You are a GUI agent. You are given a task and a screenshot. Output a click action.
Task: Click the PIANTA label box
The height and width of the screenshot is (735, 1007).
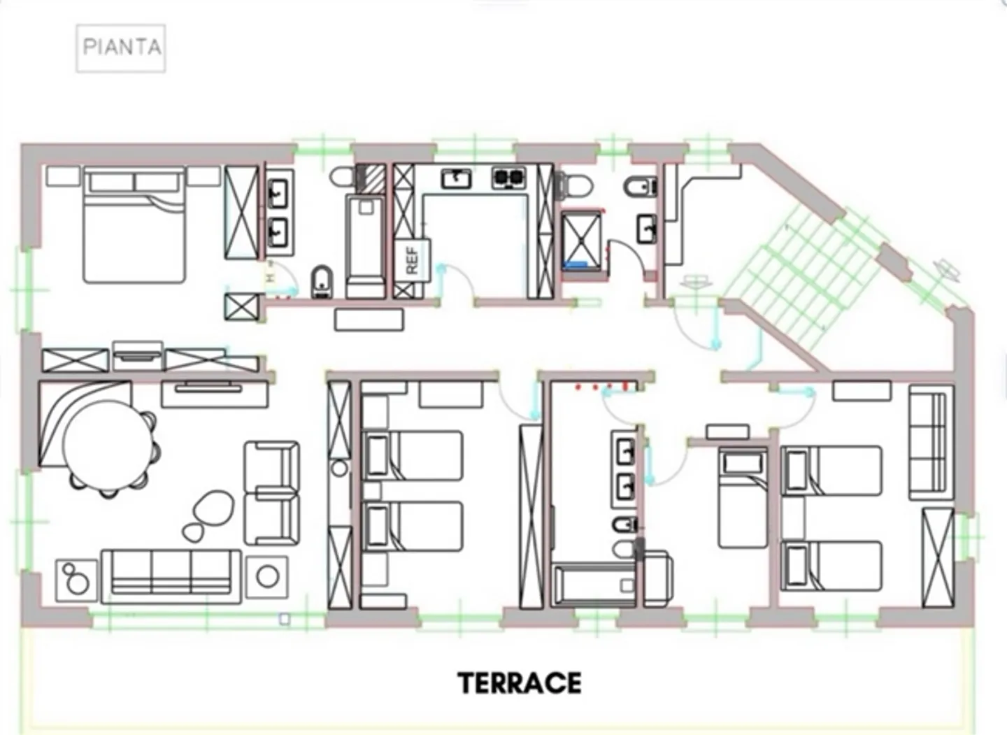tap(121, 48)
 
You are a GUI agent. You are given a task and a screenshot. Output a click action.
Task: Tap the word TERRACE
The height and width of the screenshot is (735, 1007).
tap(519, 683)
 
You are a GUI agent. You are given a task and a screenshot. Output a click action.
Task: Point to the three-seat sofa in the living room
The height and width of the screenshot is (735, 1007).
tap(171, 576)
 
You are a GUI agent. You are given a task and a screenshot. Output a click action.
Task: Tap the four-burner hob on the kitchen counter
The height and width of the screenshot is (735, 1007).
tap(508, 178)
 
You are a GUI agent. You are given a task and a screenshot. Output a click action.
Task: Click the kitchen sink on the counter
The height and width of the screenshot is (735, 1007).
tap(456, 178)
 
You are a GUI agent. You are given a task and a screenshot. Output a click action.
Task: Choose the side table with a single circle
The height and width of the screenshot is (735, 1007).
tap(268, 576)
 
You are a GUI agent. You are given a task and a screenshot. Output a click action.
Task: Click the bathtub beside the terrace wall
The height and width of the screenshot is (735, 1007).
tap(594, 585)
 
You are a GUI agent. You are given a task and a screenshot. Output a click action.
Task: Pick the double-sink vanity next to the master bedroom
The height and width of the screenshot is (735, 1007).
tap(279, 210)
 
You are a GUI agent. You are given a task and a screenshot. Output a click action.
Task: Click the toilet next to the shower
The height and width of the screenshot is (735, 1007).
tap(574, 185)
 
